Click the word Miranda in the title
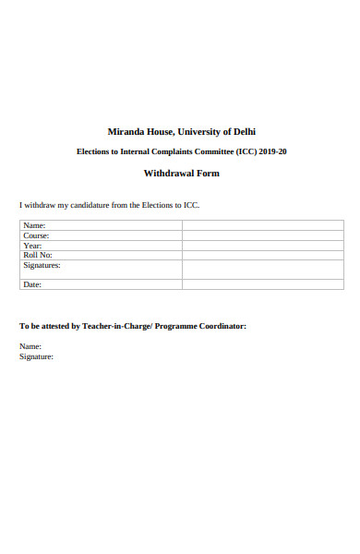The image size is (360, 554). (126, 131)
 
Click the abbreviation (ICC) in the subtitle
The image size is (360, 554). (238, 151)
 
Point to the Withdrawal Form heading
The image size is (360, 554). (181, 174)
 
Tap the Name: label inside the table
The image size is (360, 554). (34, 225)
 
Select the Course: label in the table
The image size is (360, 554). (36, 235)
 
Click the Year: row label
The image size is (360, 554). (32, 246)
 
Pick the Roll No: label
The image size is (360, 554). (37, 255)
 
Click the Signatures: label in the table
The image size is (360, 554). (41, 265)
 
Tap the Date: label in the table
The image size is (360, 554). (32, 284)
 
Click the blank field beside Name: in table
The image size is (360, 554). (262, 225)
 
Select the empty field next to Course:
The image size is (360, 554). (262, 235)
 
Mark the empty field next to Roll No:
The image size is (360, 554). (262, 255)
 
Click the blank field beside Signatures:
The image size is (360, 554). (262, 269)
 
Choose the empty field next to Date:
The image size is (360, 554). (262, 284)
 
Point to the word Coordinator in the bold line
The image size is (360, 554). (219, 326)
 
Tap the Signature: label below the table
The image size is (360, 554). (36, 356)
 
